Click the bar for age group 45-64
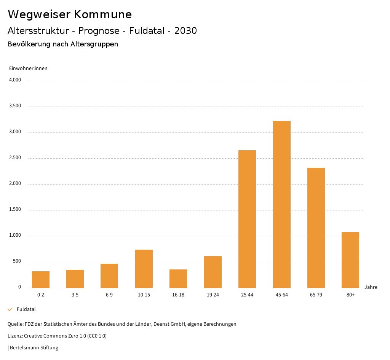tap(281, 204)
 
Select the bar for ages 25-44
tap(247, 219)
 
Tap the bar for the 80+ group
tap(350, 260)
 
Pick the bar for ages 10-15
tap(144, 269)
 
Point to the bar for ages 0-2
tap(41, 279)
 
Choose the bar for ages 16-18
tap(178, 279)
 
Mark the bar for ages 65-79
tap(316, 228)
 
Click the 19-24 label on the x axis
tap(213, 295)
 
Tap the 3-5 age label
tap(75, 295)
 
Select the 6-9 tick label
tap(109, 295)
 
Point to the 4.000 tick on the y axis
tap(15, 80)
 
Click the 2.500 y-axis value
tap(15, 158)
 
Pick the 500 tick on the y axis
tap(17, 261)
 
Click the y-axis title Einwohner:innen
tap(28, 68)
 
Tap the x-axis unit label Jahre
tap(371, 287)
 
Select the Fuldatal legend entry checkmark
tap(10, 309)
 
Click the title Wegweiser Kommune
tap(70, 14)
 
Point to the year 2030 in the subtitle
tap(185, 31)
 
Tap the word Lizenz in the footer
tap(15, 336)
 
